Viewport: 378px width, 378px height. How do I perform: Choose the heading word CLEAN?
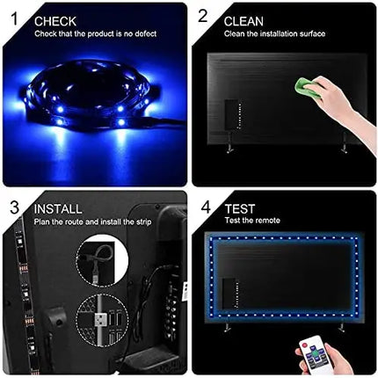[x=244, y=19]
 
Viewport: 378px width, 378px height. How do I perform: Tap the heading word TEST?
[x=239, y=211]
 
